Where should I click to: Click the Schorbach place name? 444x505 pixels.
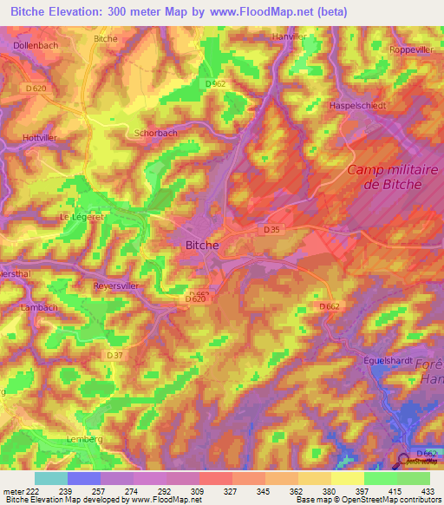tap(155, 134)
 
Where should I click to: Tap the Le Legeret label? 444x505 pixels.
tap(78, 217)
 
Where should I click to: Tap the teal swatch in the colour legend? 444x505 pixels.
tap(51, 478)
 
